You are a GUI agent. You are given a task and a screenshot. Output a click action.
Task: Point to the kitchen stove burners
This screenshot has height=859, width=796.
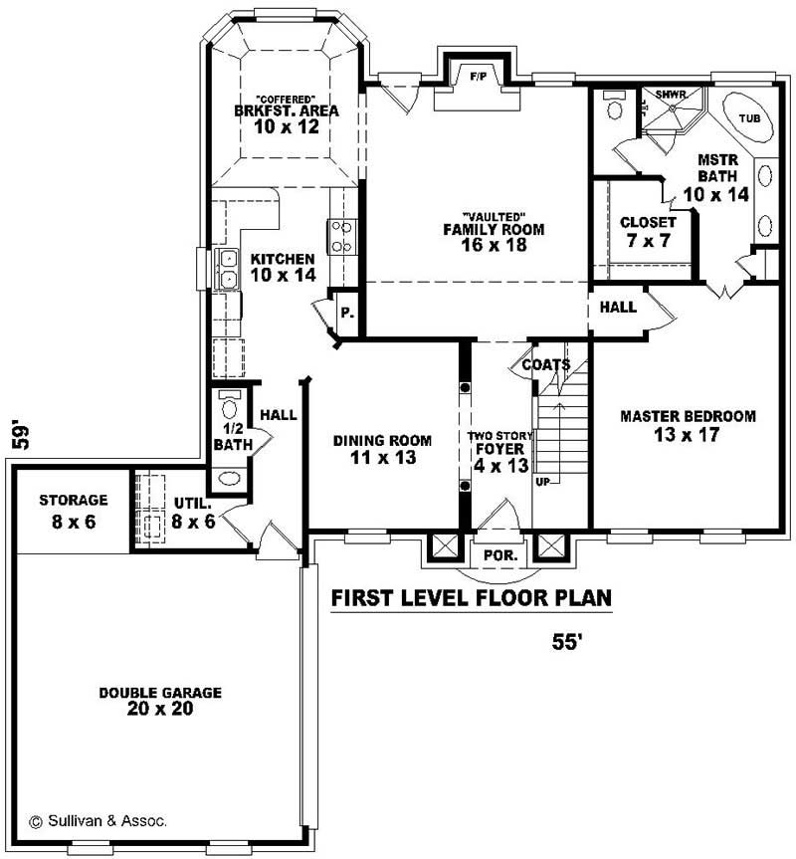[341, 235]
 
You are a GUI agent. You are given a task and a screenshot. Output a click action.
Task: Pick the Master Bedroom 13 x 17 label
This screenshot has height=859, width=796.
[688, 425]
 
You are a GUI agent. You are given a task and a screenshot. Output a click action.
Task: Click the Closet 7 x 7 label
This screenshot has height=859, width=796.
[648, 231]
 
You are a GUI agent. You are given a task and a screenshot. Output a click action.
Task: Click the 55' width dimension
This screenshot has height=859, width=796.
[566, 643]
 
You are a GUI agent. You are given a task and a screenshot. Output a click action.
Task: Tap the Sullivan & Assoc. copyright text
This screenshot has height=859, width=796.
[98, 821]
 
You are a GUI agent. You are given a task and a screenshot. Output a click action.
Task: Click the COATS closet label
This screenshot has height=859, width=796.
[546, 365]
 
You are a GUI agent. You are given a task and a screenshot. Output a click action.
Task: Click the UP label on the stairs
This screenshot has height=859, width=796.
[542, 481]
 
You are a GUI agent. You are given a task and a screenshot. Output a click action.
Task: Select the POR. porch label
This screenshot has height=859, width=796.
[497, 555]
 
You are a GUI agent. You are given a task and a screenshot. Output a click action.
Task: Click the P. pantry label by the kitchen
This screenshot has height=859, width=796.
[346, 313]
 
